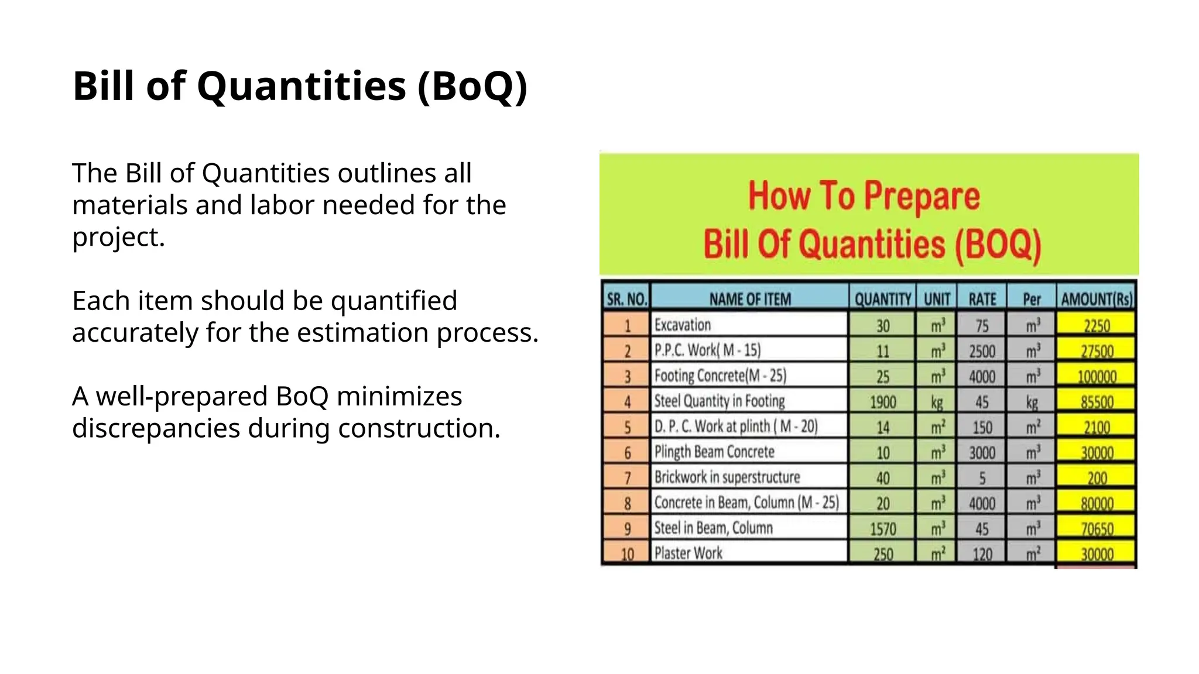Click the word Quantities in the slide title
(x=301, y=86)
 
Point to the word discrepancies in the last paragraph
(x=156, y=428)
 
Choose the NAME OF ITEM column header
(x=750, y=299)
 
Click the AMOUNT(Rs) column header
(x=1097, y=300)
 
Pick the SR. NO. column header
(x=626, y=300)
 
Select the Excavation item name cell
(x=683, y=325)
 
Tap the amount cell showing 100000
(x=1097, y=376)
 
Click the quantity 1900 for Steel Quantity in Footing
(x=883, y=402)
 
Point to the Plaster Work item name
(x=688, y=553)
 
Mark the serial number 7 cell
(x=627, y=478)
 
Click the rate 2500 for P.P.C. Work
(x=982, y=351)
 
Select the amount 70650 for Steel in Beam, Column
(x=1097, y=529)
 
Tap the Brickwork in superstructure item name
(x=727, y=477)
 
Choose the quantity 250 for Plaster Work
(x=883, y=553)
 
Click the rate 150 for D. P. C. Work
(x=982, y=427)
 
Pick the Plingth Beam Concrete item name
(x=714, y=452)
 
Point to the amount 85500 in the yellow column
(x=1097, y=402)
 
